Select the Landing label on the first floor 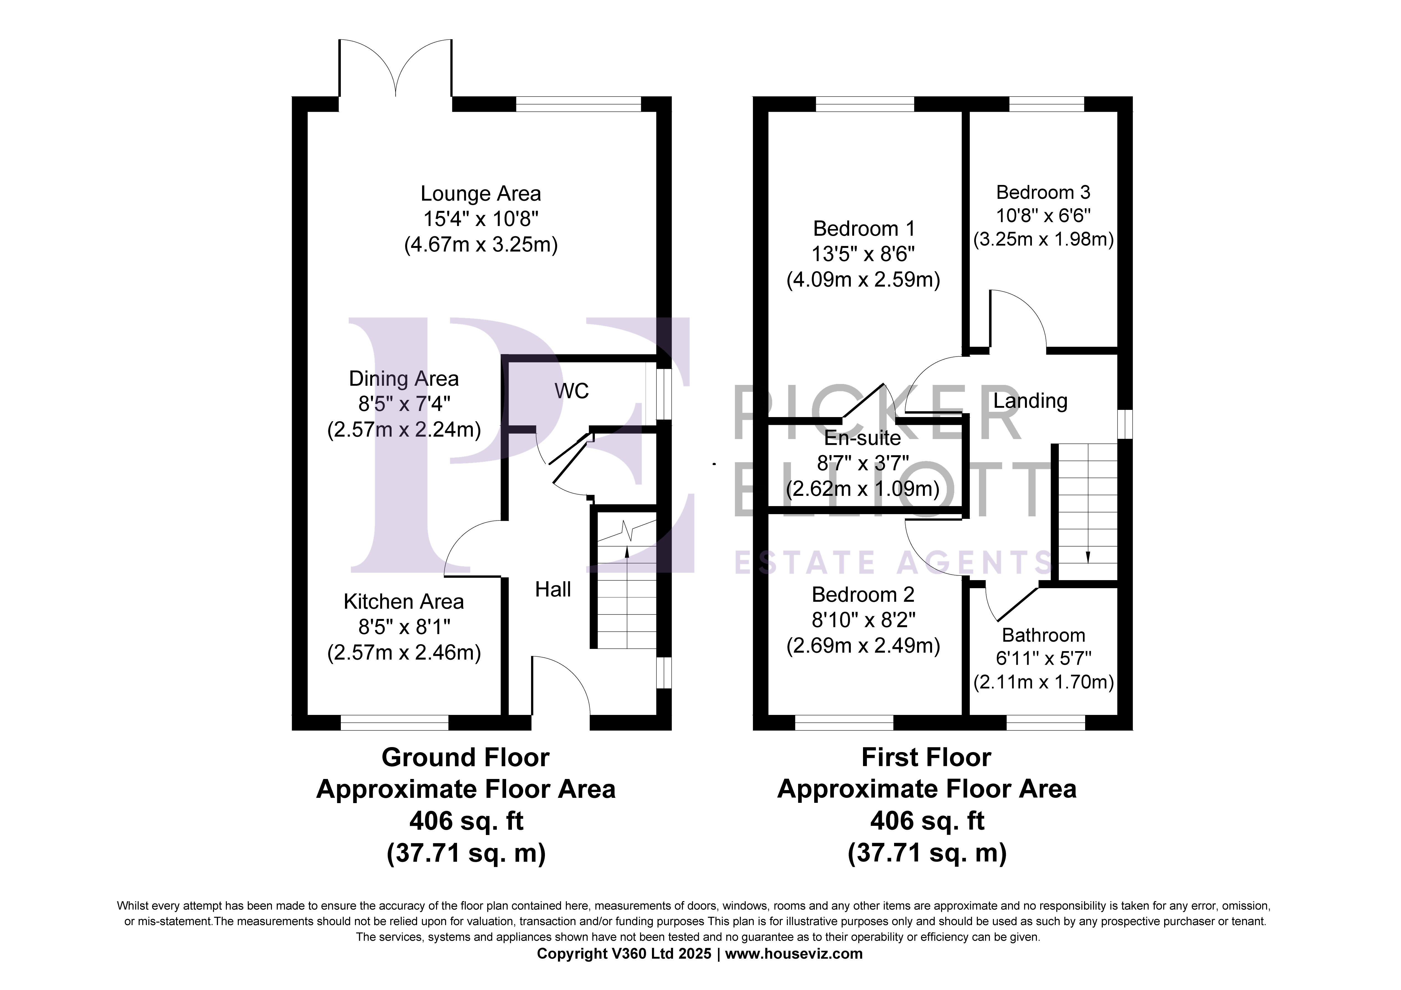click(1030, 401)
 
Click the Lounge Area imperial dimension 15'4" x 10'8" click(481, 219)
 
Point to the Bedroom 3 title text click(1043, 192)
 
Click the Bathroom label click(1044, 635)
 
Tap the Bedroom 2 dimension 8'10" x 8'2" click(863, 620)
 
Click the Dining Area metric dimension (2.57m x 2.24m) click(404, 430)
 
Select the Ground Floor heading click(466, 757)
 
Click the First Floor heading click(926, 757)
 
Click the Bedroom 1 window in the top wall click(865, 104)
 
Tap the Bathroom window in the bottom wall click(1046, 723)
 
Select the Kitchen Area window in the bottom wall click(395, 723)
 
